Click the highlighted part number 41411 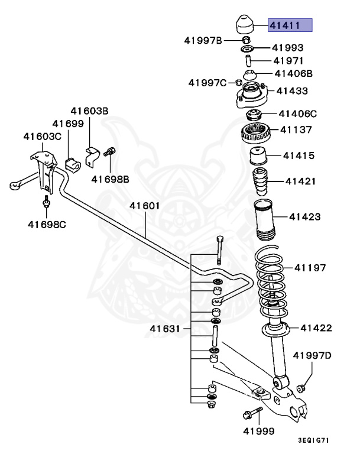tap(290, 25)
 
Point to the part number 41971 tap(288, 61)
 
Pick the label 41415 tap(298, 156)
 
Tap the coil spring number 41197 tap(310, 268)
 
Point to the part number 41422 tap(316, 327)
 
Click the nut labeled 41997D tap(301, 388)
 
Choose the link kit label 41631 tap(164, 328)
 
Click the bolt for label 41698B tap(109, 153)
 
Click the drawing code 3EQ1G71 tap(315, 441)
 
